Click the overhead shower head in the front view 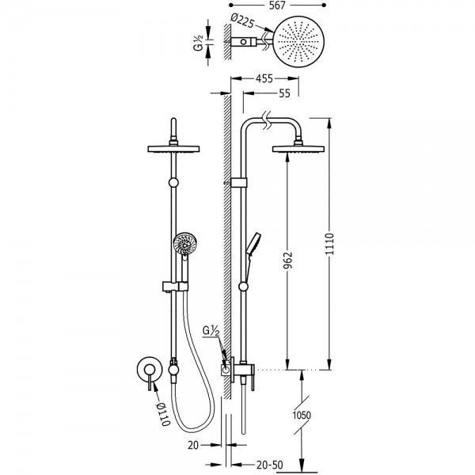click(x=172, y=148)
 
